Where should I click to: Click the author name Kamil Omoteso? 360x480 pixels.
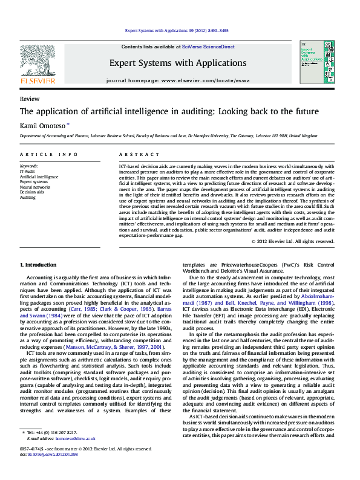43,125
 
